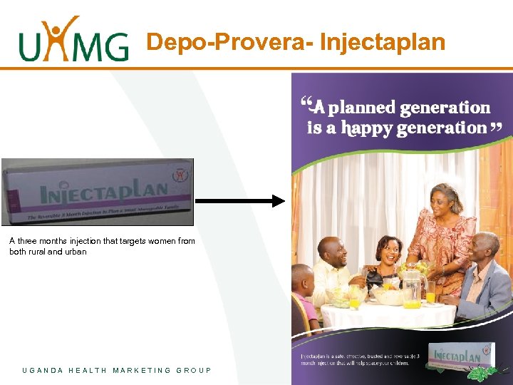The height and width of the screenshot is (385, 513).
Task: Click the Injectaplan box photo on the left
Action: pos(98,192)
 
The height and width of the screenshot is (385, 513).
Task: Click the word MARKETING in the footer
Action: pos(142,370)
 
